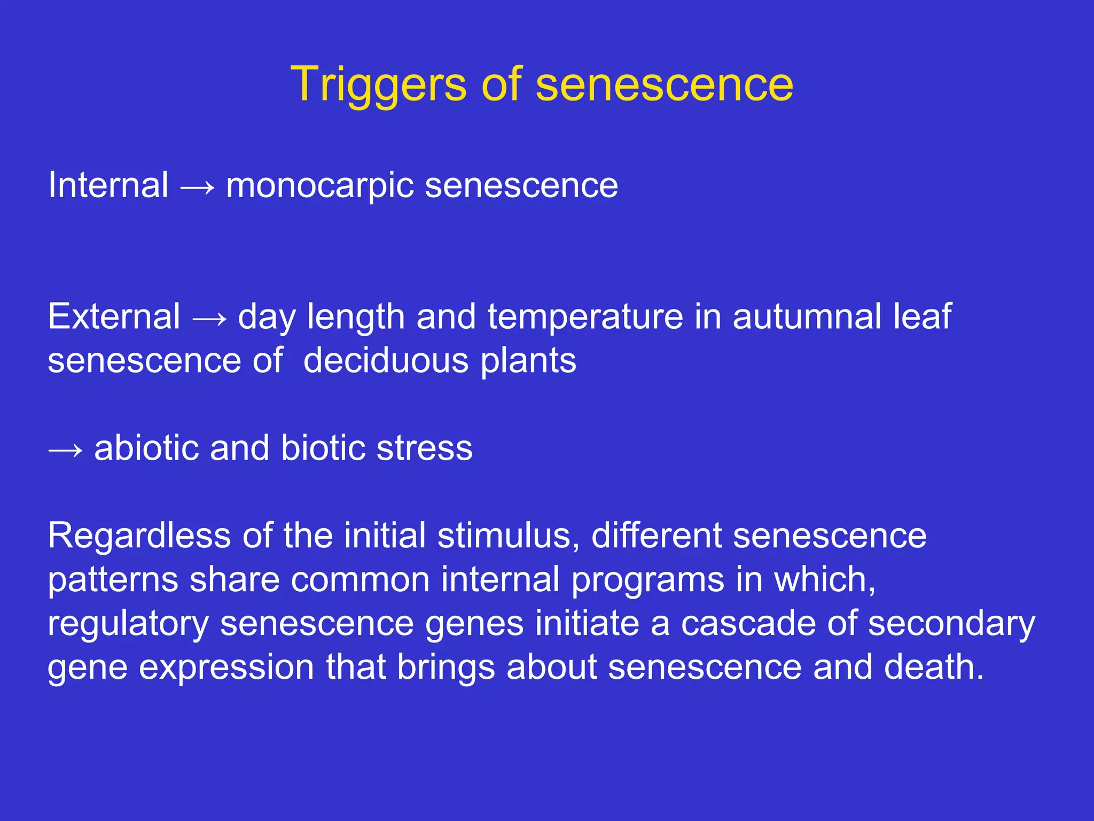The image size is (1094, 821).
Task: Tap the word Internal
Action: (x=108, y=185)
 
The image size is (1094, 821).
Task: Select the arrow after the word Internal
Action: (x=197, y=187)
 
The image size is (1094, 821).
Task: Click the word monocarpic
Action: (x=319, y=186)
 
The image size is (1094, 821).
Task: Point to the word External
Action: (x=114, y=316)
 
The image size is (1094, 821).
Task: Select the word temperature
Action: (x=585, y=317)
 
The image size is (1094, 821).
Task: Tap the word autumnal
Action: (x=807, y=316)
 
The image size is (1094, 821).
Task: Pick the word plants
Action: (x=528, y=361)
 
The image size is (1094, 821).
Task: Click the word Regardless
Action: (x=139, y=536)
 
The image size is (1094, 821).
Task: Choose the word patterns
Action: (x=113, y=580)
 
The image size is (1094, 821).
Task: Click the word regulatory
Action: (x=128, y=624)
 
